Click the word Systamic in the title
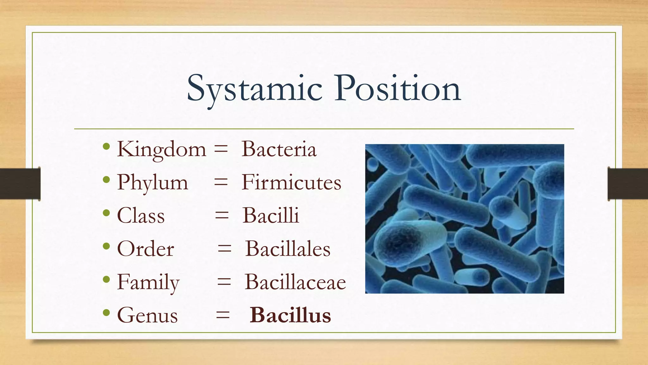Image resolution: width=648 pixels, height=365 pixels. point(255,89)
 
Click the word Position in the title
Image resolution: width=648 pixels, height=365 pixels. point(398,89)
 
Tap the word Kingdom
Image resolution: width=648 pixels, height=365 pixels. point(161,149)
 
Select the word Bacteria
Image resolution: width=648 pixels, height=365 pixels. point(279,149)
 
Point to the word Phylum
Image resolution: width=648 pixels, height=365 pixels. point(153,183)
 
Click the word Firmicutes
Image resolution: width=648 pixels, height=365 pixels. point(291,183)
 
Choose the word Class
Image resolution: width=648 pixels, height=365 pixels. point(141,216)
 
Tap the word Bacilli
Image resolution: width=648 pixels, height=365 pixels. point(271,216)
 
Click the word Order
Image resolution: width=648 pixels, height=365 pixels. point(146,249)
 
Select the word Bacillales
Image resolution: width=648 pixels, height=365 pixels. point(288,249)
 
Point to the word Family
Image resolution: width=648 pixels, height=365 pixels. point(148,282)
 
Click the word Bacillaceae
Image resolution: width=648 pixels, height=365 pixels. point(295,282)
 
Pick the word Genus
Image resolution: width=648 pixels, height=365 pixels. point(147,316)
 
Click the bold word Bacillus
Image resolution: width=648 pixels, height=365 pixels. point(290,316)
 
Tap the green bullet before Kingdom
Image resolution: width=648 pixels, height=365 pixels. point(106,146)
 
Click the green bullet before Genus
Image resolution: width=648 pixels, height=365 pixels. point(106,313)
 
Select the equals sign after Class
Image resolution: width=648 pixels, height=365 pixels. point(221,216)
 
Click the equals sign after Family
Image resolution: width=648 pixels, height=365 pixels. point(224,282)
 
